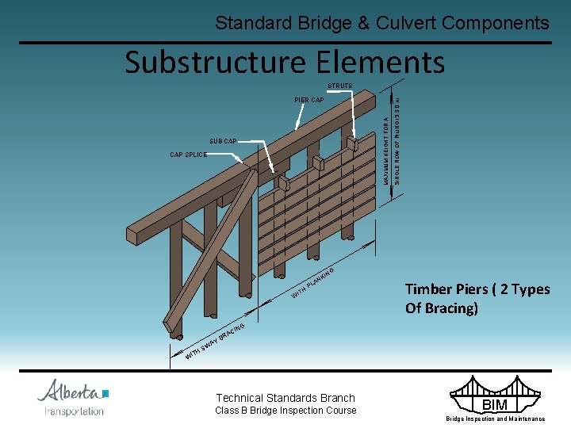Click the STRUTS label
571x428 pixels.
(x=340, y=86)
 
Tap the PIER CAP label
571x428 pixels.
(x=308, y=101)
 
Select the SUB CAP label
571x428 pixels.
(x=223, y=141)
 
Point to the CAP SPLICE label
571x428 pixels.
(x=189, y=155)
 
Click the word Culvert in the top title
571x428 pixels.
(x=395, y=23)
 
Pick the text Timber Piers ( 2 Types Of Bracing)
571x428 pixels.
(x=477, y=298)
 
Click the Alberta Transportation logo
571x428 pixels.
(x=73, y=397)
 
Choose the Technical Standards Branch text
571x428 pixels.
(x=285, y=398)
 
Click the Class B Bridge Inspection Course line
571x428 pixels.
(x=285, y=411)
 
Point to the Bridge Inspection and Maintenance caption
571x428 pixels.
(x=495, y=418)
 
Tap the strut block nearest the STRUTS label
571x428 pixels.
(x=352, y=144)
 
